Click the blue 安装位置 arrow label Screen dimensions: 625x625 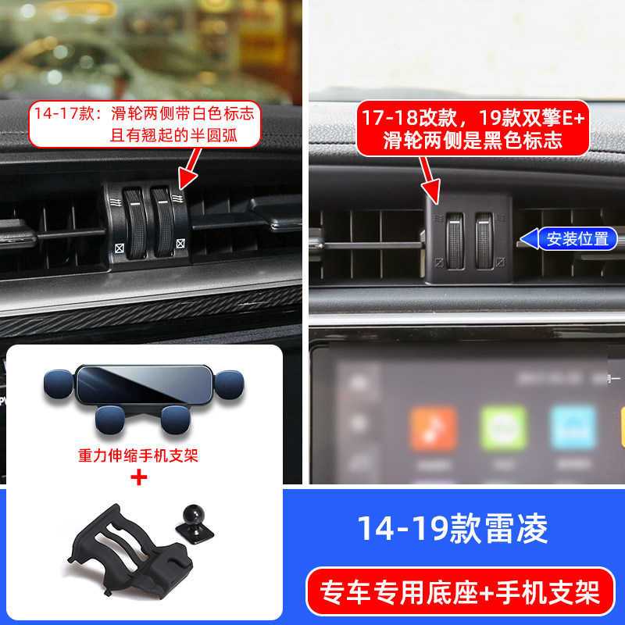[577, 239]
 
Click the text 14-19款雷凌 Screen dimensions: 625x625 [452, 529]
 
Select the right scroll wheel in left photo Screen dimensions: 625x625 [165, 223]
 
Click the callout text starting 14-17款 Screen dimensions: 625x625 [145, 123]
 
